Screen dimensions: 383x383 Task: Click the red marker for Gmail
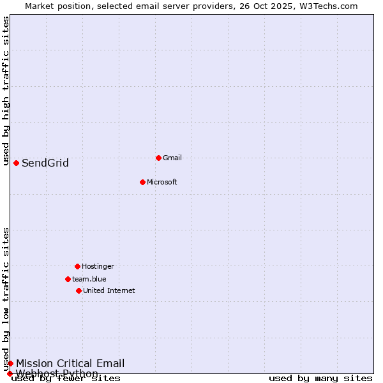pos(158,158)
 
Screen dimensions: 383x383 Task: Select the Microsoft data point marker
pos(142,182)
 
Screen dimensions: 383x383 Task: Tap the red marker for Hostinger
pos(77,266)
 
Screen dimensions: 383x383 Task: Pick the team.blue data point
pos(68,279)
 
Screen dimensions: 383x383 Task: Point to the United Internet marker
pos(79,290)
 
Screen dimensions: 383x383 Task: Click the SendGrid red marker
pos(16,163)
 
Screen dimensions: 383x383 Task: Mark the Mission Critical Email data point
pos(10,363)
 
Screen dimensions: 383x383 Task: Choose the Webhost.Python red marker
pos(10,373)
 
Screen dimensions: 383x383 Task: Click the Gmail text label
pos(172,158)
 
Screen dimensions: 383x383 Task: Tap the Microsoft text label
pos(162,182)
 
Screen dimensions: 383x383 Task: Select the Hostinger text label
pos(98,266)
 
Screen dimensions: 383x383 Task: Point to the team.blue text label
pos(89,279)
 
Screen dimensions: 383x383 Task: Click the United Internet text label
pos(109,290)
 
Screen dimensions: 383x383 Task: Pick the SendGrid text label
pos(45,163)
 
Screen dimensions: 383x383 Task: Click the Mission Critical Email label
pos(70,363)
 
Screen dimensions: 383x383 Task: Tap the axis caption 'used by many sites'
pos(320,379)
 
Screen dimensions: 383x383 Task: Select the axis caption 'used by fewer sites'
pos(66,379)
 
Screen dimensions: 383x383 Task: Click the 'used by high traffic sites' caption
pos(6,91)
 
